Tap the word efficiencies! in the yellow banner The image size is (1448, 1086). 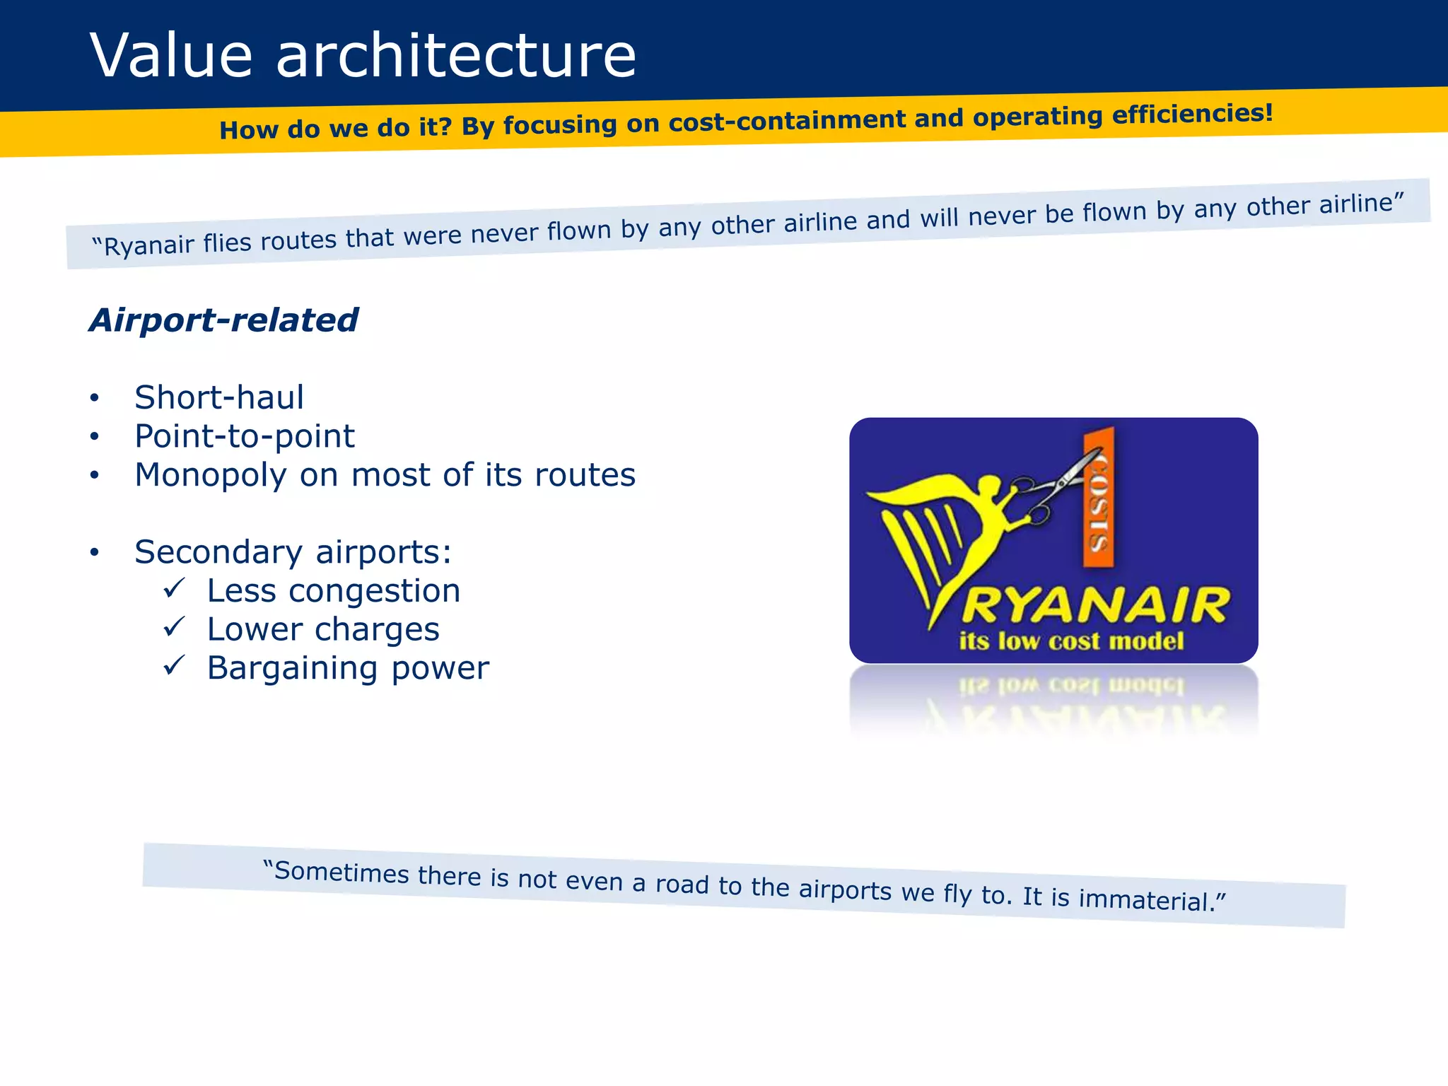tap(1193, 114)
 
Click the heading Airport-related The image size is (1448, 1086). tap(223, 320)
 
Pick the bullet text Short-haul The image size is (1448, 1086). tap(219, 397)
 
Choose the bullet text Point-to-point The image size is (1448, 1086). tap(245, 436)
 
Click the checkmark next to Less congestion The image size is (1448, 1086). tap(174, 588)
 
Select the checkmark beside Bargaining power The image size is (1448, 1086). tap(174, 665)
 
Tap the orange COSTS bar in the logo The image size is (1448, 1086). tap(1099, 498)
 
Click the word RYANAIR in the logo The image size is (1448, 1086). tap(1096, 606)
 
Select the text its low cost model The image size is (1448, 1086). tap(1071, 641)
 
